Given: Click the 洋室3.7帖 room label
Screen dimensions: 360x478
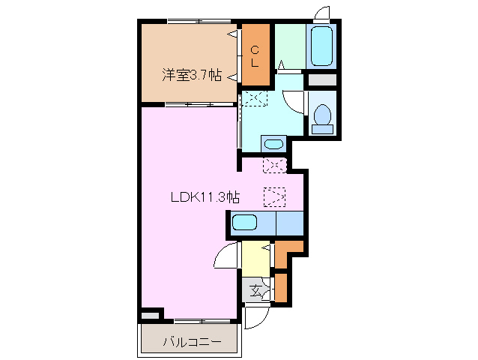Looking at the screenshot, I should (191, 74).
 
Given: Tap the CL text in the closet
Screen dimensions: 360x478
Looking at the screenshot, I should (255, 57).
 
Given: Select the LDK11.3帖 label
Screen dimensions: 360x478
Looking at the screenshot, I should (204, 197).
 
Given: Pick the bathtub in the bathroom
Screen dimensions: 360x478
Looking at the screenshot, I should (321, 46).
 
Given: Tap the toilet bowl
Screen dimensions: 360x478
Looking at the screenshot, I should (323, 116).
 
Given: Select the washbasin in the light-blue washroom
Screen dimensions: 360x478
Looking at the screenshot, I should (273, 144).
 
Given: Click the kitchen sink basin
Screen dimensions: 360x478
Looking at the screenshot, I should (245, 222).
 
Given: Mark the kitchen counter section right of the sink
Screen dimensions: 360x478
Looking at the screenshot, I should (288, 223).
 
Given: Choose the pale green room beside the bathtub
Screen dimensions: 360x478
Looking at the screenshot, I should (289, 46).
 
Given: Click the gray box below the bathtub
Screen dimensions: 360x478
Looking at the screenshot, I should (323, 79).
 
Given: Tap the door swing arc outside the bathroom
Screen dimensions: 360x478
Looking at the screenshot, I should (322, 13).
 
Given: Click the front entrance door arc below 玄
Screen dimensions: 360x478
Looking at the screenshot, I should (252, 316).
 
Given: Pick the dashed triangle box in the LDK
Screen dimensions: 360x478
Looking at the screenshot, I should (274, 196).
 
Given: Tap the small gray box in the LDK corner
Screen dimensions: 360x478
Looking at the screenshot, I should (151, 315).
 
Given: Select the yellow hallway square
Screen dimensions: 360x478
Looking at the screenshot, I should (255, 259).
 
